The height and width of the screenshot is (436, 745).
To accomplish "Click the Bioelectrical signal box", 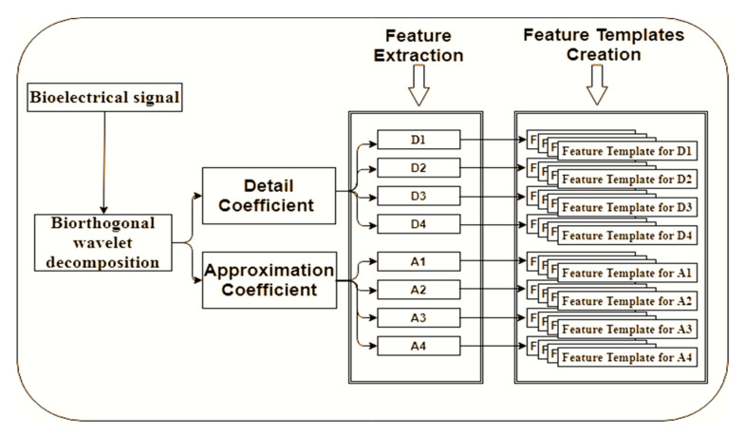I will click(102, 99).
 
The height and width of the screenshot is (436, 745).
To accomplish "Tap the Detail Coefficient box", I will click(270, 196).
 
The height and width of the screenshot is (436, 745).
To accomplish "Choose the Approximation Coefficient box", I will click(270, 279).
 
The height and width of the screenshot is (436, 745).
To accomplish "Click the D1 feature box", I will click(419, 141).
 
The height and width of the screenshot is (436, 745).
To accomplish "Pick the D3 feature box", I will click(419, 197).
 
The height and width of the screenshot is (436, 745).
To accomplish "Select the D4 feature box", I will click(419, 225).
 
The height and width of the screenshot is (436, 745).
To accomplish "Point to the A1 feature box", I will click(419, 260).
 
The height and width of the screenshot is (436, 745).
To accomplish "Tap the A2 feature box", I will click(419, 289).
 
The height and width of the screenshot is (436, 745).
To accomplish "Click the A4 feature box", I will click(419, 344).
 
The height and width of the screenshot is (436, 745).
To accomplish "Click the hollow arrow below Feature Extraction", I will click(419, 88).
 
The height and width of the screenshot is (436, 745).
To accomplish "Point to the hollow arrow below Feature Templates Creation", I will click(597, 88).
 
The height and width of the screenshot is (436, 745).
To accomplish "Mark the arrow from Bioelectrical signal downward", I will click(102, 159).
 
